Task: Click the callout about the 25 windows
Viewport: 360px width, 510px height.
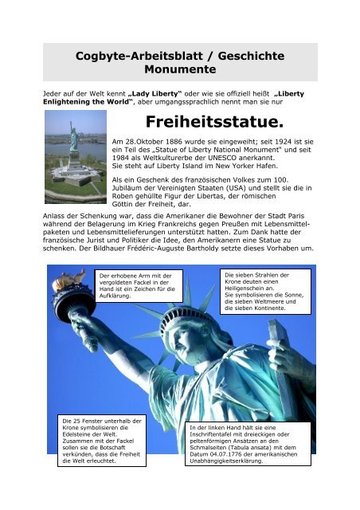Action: click(x=92, y=438)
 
